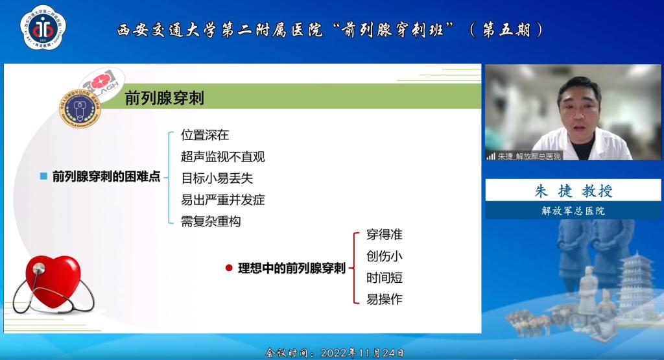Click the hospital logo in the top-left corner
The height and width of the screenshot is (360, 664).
pos(43,27)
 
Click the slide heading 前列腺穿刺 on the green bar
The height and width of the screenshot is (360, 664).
pos(164,99)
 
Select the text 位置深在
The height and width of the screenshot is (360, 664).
pos(205,136)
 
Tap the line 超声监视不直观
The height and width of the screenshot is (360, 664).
pos(222,157)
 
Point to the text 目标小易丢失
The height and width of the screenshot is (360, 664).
pos(217,178)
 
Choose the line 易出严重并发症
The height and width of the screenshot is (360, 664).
pos(222,200)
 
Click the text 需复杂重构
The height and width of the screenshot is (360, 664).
pos(211,221)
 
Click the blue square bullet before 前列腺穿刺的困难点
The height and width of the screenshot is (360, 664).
pos(43,176)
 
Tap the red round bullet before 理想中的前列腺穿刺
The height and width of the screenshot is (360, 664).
pos(228,267)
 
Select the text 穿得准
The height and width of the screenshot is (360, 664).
pos(384,235)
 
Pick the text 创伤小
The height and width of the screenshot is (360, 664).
pos(384,256)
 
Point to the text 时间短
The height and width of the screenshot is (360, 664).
pos(384,278)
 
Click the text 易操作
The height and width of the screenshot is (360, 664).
pos(384,299)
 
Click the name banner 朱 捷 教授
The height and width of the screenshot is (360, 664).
pos(573,191)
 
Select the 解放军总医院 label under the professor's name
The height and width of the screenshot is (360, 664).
pos(573,210)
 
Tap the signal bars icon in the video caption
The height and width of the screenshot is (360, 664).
pos(491,156)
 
